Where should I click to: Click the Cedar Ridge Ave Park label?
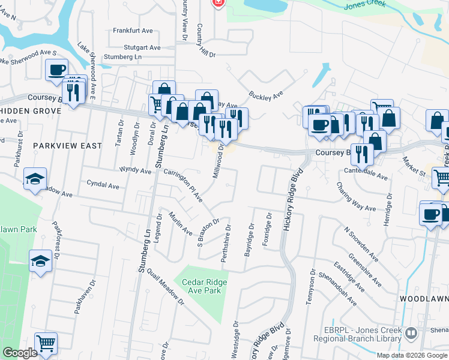(x=197, y=286)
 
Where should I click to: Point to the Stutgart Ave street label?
(x=142, y=47)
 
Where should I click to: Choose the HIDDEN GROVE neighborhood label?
(x=31, y=112)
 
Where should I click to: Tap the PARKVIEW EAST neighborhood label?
(x=68, y=145)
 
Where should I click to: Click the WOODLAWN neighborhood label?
(x=424, y=298)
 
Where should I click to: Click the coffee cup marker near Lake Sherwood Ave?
(x=56, y=70)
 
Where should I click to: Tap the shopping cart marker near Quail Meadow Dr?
(x=46, y=343)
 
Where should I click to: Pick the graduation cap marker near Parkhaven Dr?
(x=40, y=261)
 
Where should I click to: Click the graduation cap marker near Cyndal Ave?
(x=35, y=178)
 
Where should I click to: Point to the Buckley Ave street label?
(x=266, y=95)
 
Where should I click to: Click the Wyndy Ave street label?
(x=136, y=170)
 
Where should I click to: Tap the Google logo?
(x=20, y=353)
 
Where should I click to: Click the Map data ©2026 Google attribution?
(x=412, y=355)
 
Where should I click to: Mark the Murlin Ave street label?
(x=180, y=223)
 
